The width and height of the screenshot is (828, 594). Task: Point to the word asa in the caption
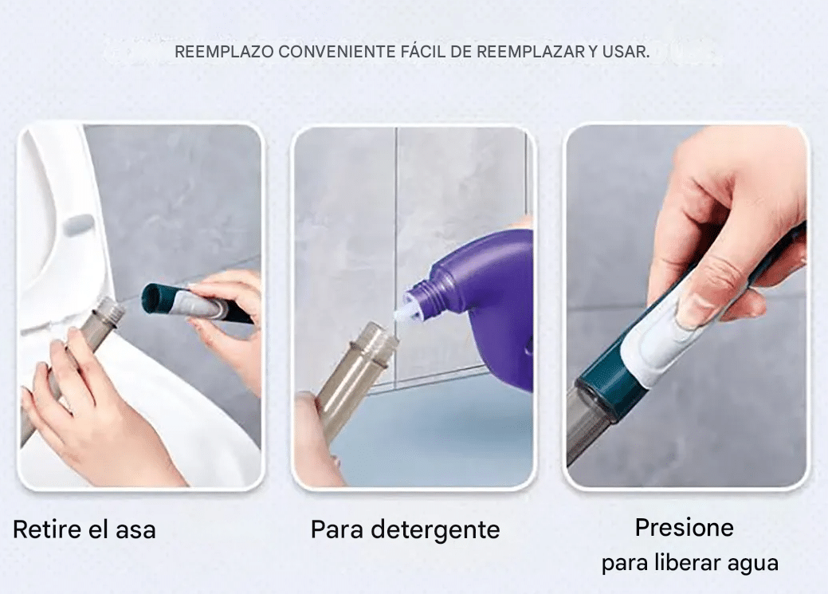coord(135,529)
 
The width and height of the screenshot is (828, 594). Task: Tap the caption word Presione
coord(684,528)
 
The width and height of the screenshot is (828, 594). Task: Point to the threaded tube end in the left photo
coord(108,312)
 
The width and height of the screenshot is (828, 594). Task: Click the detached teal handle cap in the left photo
coord(159,298)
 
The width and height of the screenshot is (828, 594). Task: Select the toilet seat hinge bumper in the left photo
coord(77,224)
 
